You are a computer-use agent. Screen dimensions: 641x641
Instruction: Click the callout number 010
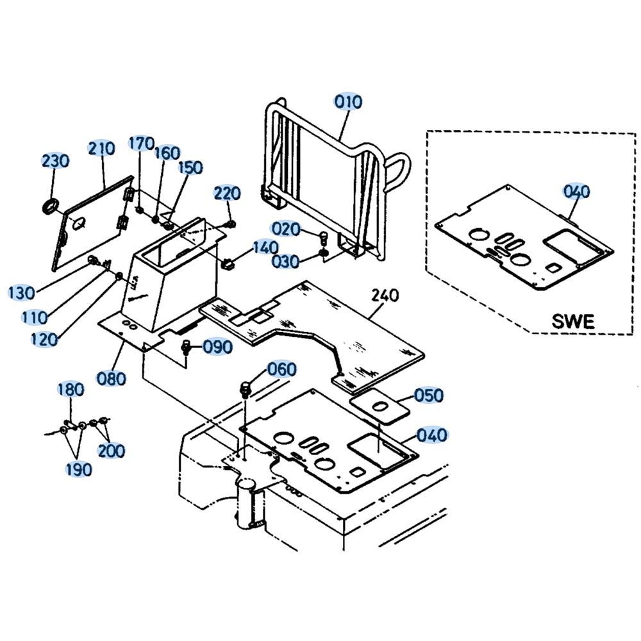click(x=348, y=102)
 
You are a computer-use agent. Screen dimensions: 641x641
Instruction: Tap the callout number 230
click(x=55, y=160)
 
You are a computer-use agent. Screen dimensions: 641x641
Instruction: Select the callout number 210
click(x=101, y=149)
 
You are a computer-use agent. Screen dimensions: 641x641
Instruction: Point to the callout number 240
click(x=385, y=296)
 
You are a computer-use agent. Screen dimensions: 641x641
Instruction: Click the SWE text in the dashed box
click(x=573, y=321)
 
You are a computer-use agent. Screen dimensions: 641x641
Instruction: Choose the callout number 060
click(x=282, y=369)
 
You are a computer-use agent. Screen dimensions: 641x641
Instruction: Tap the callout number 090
click(x=217, y=347)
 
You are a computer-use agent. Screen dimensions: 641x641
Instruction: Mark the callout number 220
click(x=227, y=193)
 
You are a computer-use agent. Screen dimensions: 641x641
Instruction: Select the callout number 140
click(x=265, y=247)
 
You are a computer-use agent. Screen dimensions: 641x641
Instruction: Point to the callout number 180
click(x=71, y=389)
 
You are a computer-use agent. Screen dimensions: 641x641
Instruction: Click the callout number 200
click(x=112, y=451)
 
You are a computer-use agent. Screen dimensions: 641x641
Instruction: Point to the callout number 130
click(x=22, y=293)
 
